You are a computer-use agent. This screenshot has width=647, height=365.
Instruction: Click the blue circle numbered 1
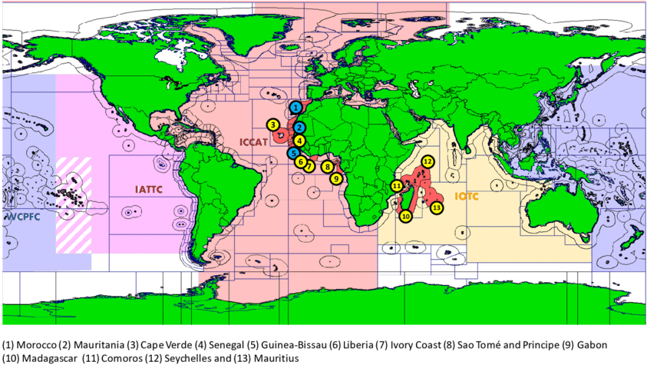click(295, 108)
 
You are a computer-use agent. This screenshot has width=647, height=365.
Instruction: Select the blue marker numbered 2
click(301, 127)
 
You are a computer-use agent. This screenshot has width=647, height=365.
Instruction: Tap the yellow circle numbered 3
click(272, 124)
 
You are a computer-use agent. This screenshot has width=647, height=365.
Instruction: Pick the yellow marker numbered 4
click(299, 141)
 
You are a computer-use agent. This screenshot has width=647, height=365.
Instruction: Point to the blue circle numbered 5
click(293, 152)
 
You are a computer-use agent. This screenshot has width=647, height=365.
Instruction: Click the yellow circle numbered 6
click(300, 161)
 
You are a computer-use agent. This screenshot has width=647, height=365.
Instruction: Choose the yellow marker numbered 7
click(309, 165)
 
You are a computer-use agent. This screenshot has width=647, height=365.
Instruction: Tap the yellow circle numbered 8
click(328, 166)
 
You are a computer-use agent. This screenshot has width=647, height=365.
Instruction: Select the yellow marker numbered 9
click(335, 178)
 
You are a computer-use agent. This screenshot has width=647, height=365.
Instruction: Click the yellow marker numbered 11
click(397, 186)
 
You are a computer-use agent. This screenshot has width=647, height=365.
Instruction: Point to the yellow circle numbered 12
click(428, 161)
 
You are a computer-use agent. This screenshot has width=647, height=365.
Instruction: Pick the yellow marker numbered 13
click(437, 207)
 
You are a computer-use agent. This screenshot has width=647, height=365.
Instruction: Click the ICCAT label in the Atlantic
click(253, 141)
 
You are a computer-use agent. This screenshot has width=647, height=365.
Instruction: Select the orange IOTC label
click(467, 197)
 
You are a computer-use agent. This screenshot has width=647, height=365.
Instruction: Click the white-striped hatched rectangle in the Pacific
click(73, 204)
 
